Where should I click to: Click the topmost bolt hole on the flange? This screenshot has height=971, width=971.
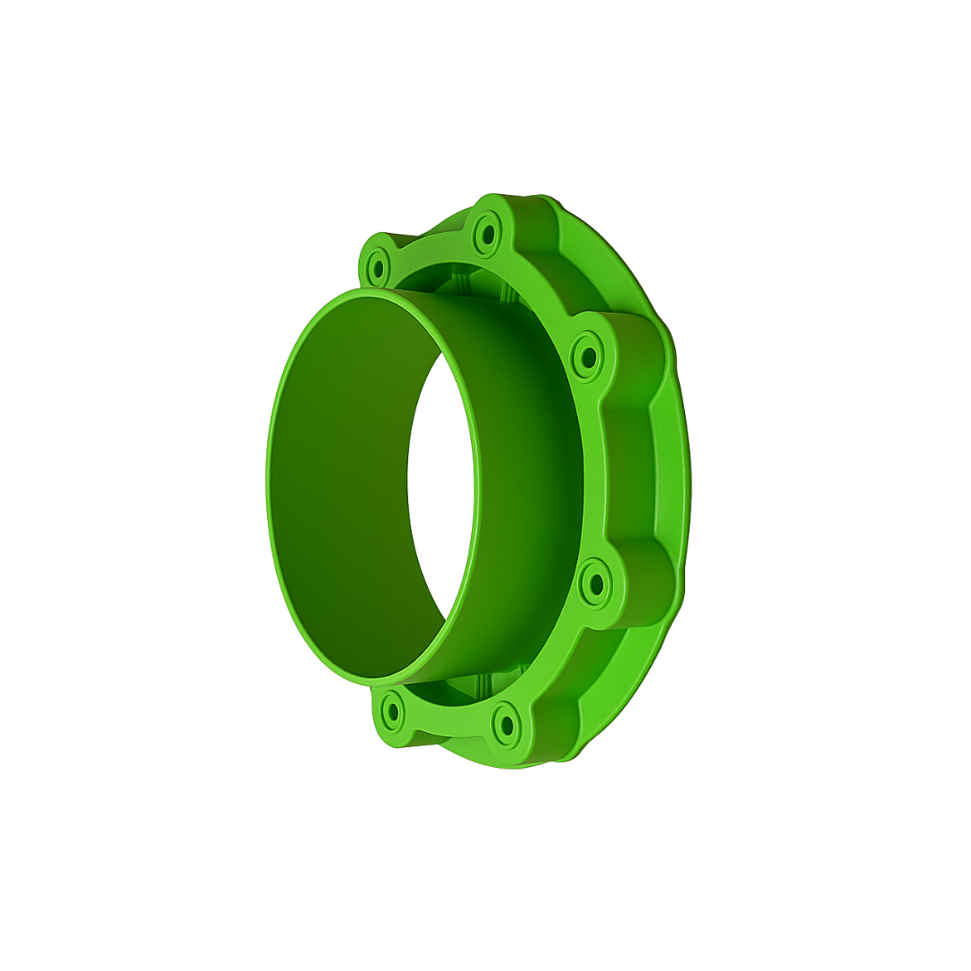[488, 235]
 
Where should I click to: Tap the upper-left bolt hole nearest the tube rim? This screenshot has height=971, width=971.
[378, 268]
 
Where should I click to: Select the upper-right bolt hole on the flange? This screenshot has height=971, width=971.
[589, 358]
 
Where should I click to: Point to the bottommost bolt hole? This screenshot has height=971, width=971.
[506, 725]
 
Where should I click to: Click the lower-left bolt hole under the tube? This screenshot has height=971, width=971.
[393, 712]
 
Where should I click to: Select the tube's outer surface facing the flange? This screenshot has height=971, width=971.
[530, 485]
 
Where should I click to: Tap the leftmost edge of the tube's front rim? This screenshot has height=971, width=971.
[268, 485]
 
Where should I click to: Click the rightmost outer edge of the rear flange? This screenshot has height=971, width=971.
[690, 485]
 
